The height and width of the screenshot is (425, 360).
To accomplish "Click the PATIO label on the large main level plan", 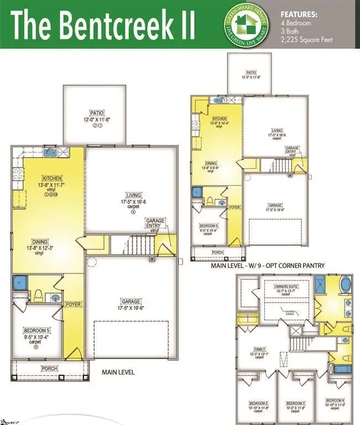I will [x=97, y=112].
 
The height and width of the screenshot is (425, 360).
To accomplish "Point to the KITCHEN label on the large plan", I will [x=51, y=178].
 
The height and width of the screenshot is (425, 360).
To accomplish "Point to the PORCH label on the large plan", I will [x=49, y=368].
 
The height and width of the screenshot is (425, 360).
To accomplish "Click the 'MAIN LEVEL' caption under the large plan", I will [x=118, y=372].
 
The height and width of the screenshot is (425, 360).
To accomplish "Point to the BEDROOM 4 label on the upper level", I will [x=336, y=400].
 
